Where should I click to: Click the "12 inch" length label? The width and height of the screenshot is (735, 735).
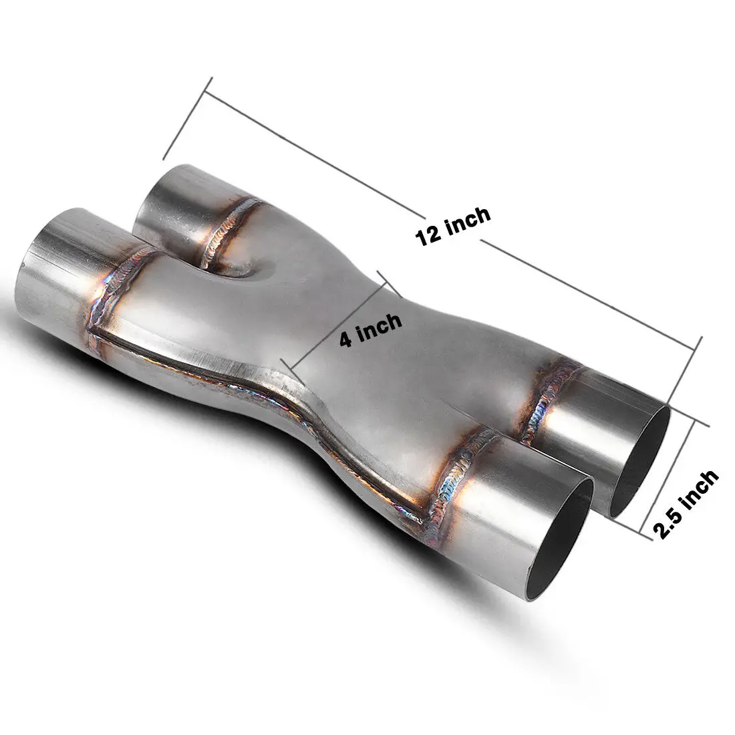(452, 227)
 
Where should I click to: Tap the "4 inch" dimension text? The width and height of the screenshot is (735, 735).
(371, 329)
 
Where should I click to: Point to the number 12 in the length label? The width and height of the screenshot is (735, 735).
(428, 235)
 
